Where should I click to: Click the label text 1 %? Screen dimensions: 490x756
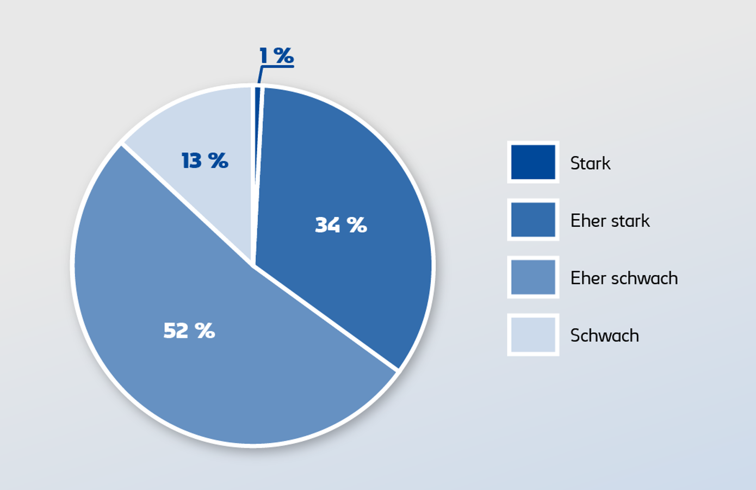(276, 55)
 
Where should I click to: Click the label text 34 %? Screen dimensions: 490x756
(341, 225)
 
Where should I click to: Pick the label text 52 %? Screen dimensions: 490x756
(189, 331)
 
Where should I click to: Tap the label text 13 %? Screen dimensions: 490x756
(205, 160)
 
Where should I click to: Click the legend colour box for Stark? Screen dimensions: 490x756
(533, 162)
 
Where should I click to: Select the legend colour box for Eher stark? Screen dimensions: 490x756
(533, 220)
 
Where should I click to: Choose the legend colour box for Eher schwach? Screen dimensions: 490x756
(533, 277)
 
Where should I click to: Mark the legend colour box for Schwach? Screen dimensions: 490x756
(533, 335)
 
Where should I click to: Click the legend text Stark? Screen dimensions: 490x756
(590, 163)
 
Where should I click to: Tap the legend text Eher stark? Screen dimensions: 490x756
(610, 221)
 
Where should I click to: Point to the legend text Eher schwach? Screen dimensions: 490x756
(624, 278)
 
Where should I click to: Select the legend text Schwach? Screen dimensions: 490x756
(604, 336)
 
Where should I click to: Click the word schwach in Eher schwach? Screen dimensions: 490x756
(645, 278)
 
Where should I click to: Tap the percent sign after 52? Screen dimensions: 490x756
(206, 331)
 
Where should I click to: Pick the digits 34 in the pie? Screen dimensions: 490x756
(328, 225)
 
